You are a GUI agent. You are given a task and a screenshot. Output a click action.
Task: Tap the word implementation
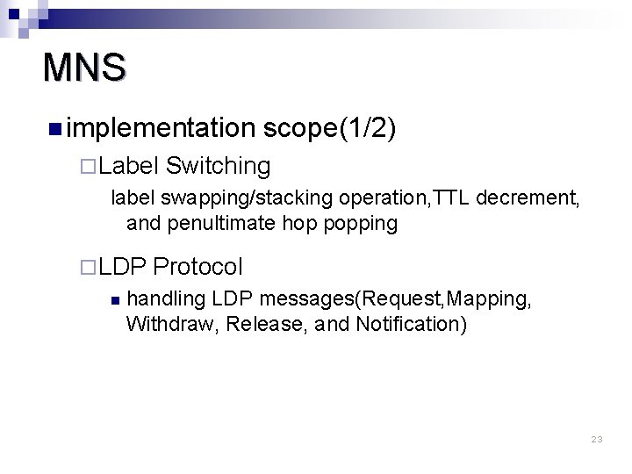(158, 129)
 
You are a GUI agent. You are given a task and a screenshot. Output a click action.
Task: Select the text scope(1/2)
(330, 129)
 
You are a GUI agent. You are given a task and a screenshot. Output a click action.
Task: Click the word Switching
(217, 165)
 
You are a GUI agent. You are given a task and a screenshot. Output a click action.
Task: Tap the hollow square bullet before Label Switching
(85, 166)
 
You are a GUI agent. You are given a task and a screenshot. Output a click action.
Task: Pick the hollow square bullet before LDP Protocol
(85, 266)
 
